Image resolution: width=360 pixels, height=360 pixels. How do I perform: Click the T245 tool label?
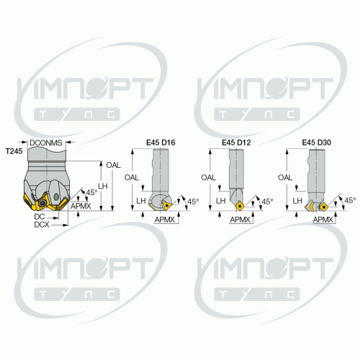point(14,151)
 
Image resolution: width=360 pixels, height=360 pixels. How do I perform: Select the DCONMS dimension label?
point(46,143)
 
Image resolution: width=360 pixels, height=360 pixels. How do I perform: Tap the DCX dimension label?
point(42,225)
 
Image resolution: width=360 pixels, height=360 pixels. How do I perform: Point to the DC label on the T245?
point(40,217)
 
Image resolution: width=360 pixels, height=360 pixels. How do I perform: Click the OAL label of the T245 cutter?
point(113,165)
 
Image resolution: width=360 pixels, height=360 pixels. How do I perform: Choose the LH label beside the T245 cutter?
point(103,186)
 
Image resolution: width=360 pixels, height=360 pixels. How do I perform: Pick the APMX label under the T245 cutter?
point(81,206)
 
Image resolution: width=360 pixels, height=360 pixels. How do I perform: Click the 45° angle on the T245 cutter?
point(91,192)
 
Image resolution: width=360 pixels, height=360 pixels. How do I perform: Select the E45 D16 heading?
point(161,143)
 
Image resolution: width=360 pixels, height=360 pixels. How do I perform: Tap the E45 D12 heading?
point(236,143)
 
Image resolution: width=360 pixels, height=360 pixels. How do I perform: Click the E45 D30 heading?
point(317,143)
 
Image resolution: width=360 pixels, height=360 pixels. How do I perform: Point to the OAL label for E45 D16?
point(132,178)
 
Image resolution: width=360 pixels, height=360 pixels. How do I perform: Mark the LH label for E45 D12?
point(221,201)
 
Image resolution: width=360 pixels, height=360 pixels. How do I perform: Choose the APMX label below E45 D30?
point(323,220)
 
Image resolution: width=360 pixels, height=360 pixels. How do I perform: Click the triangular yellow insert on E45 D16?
point(167,206)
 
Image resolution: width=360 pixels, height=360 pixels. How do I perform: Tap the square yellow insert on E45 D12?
point(240,206)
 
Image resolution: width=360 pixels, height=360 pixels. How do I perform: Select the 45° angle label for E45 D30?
point(350,200)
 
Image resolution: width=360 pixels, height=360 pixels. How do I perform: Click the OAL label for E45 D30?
point(285,178)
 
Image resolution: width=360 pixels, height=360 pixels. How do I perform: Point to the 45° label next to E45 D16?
point(193,202)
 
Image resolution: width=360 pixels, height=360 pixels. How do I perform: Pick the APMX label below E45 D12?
point(240,220)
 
